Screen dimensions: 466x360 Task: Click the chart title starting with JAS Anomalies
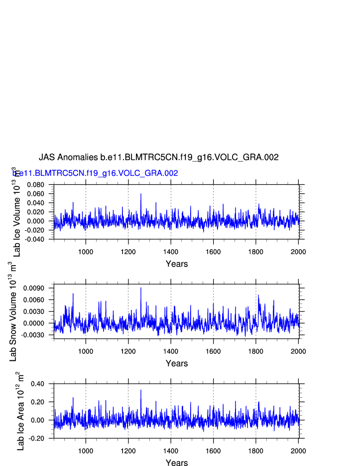[158, 157]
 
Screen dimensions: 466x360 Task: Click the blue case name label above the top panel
[96, 173]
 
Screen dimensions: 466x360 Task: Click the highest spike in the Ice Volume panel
[141, 194]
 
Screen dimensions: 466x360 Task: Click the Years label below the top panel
[177, 264]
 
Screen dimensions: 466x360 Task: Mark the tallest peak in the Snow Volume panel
[141, 288]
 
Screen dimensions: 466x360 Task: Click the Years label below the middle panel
[177, 364]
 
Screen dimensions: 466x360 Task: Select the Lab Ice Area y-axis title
[20, 411]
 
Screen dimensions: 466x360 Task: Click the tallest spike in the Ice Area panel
[141, 390]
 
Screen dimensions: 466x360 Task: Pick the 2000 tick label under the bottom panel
[298, 451]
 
